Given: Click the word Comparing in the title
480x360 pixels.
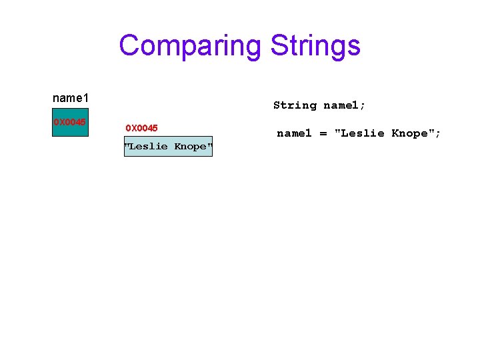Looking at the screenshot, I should point(191,46).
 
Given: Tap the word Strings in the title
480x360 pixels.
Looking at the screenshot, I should point(315,46).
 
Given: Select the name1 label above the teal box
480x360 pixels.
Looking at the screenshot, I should point(71,98).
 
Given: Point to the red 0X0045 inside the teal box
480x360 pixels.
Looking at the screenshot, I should point(69,122).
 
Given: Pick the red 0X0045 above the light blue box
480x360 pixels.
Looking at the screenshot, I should point(141,127).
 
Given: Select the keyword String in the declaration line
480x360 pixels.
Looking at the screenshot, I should point(295,105).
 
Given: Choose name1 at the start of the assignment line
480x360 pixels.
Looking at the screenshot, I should point(294,133).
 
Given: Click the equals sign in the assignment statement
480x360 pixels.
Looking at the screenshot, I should point(323,133).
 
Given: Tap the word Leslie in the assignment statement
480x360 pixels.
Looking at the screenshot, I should point(362,133).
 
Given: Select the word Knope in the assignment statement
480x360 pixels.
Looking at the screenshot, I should point(409,133).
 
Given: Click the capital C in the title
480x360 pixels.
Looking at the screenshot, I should point(129,46).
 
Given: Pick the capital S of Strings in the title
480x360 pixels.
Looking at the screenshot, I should point(279,46).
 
